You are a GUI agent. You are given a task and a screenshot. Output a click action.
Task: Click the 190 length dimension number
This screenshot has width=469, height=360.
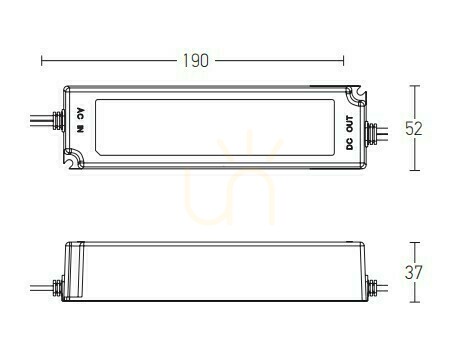click(x=196, y=61)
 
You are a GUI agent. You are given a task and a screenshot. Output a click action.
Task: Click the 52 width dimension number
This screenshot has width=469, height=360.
click(x=414, y=128)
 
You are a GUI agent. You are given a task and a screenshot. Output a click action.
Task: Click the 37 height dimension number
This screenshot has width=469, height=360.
click(x=414, y=272)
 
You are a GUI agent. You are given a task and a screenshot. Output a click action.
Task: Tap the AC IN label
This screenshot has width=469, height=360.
click(x=80, y=120)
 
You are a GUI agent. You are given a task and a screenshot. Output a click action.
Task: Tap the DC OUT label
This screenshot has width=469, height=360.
click(x=349, y=133)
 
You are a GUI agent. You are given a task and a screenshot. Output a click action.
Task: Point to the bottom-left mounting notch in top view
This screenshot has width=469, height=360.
click(x=74, y=159)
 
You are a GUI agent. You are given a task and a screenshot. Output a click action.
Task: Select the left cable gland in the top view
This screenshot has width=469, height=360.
click(x=59, y=119)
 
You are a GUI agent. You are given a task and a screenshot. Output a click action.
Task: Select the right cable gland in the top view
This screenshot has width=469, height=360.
click(x=371, y=133)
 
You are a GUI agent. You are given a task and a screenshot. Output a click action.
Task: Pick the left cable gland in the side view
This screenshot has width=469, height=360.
click(x=58, y=288)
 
